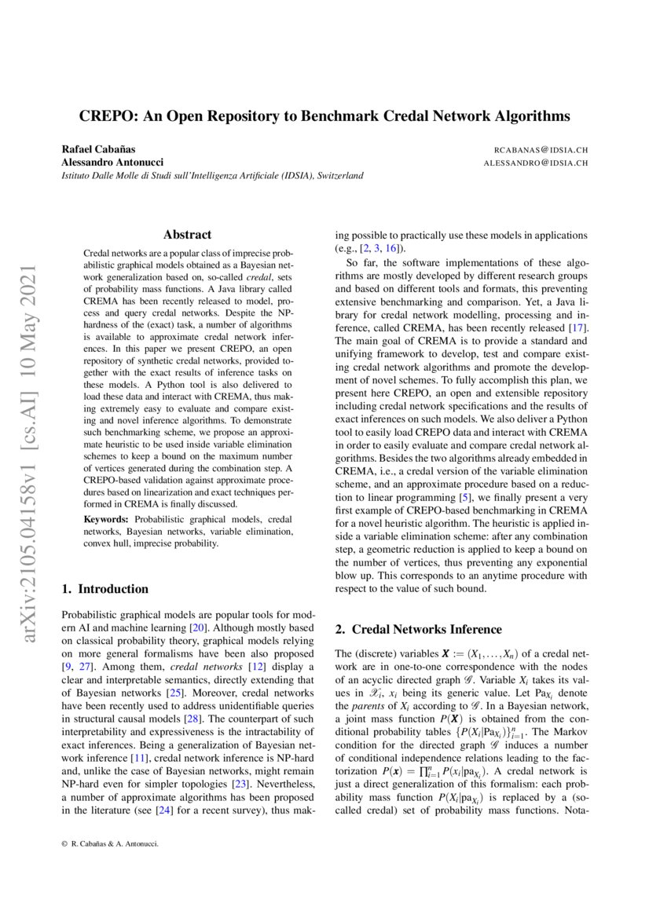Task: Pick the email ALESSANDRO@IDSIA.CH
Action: pyautogui.click(x=537, y=163)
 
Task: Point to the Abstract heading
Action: pyautogui.click(x=187, y=234)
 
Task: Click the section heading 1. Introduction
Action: pyautogui.click(x=104, y=589)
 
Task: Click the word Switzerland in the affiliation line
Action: pyautogui.click(x=340, y=176)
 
